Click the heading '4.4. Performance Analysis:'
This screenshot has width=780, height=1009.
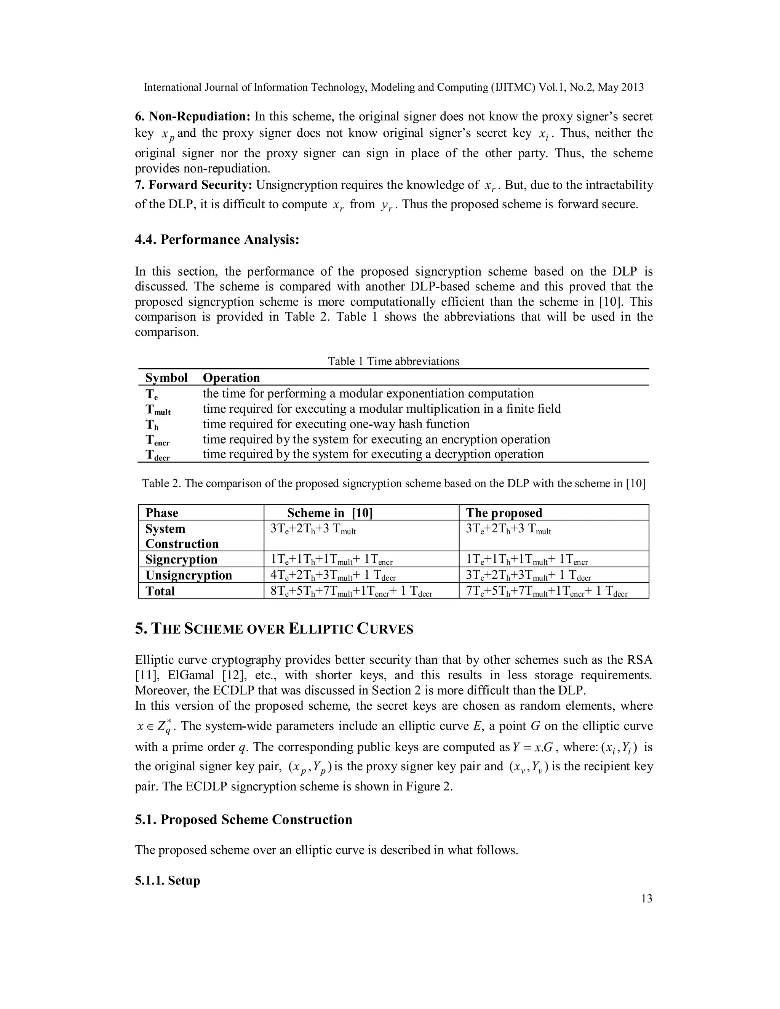click(217, 240)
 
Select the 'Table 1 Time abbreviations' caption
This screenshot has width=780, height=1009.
click(393, 361)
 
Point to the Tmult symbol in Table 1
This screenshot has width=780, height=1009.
click(158, 409)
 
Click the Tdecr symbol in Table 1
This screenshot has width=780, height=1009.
click(158, 455)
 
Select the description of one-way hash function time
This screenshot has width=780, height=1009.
click(336, 424)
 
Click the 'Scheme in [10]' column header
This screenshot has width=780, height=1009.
click(329, 513)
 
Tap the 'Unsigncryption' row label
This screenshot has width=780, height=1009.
click(189, 575)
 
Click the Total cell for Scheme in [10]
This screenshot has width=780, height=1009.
click(351, 591)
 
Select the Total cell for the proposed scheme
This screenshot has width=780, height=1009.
click(546, 591)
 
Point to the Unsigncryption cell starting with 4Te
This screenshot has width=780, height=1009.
click(333, 576)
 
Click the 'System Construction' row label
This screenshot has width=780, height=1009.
click(182, 536)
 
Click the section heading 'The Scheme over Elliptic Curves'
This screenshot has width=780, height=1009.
click(274, 629)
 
